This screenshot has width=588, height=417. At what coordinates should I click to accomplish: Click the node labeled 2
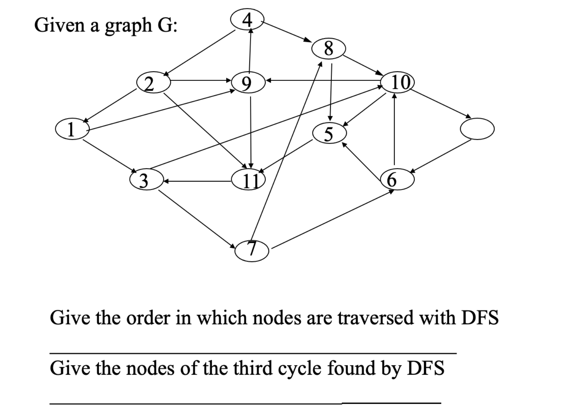click(153, 82)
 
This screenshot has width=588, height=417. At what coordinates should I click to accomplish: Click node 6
click(397, 179)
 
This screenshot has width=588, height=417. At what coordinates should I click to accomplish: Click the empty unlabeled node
click(477, 129)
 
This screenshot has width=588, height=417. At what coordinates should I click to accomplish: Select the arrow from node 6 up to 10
click(395, 130)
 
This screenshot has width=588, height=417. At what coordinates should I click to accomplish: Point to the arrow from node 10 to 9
click(324, 81)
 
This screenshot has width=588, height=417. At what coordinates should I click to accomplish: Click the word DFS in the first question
click(480, 317)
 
